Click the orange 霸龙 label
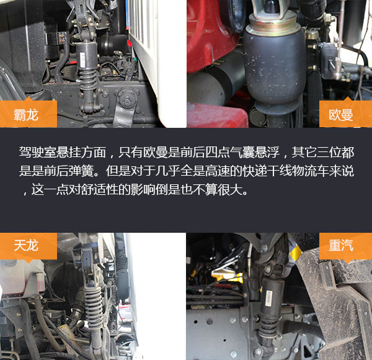point(29,114)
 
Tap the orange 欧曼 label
point(345,114)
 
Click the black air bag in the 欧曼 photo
point(274,69)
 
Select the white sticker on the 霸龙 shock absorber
point(82,60)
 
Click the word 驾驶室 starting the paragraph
point(38,152)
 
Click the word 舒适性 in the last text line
point(99,189)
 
